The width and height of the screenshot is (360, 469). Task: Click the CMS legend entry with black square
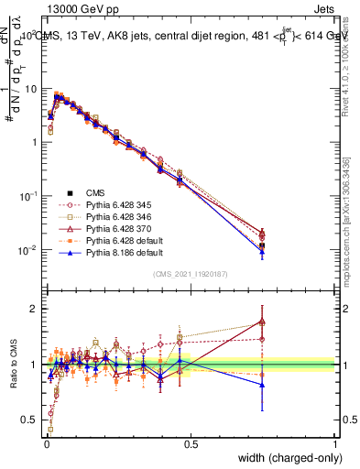[95, 193]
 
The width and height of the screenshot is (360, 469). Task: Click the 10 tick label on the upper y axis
[31, 88]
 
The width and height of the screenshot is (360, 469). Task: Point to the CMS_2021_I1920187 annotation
[191, 274]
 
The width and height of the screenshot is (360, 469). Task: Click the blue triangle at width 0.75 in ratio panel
[263, 385]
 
